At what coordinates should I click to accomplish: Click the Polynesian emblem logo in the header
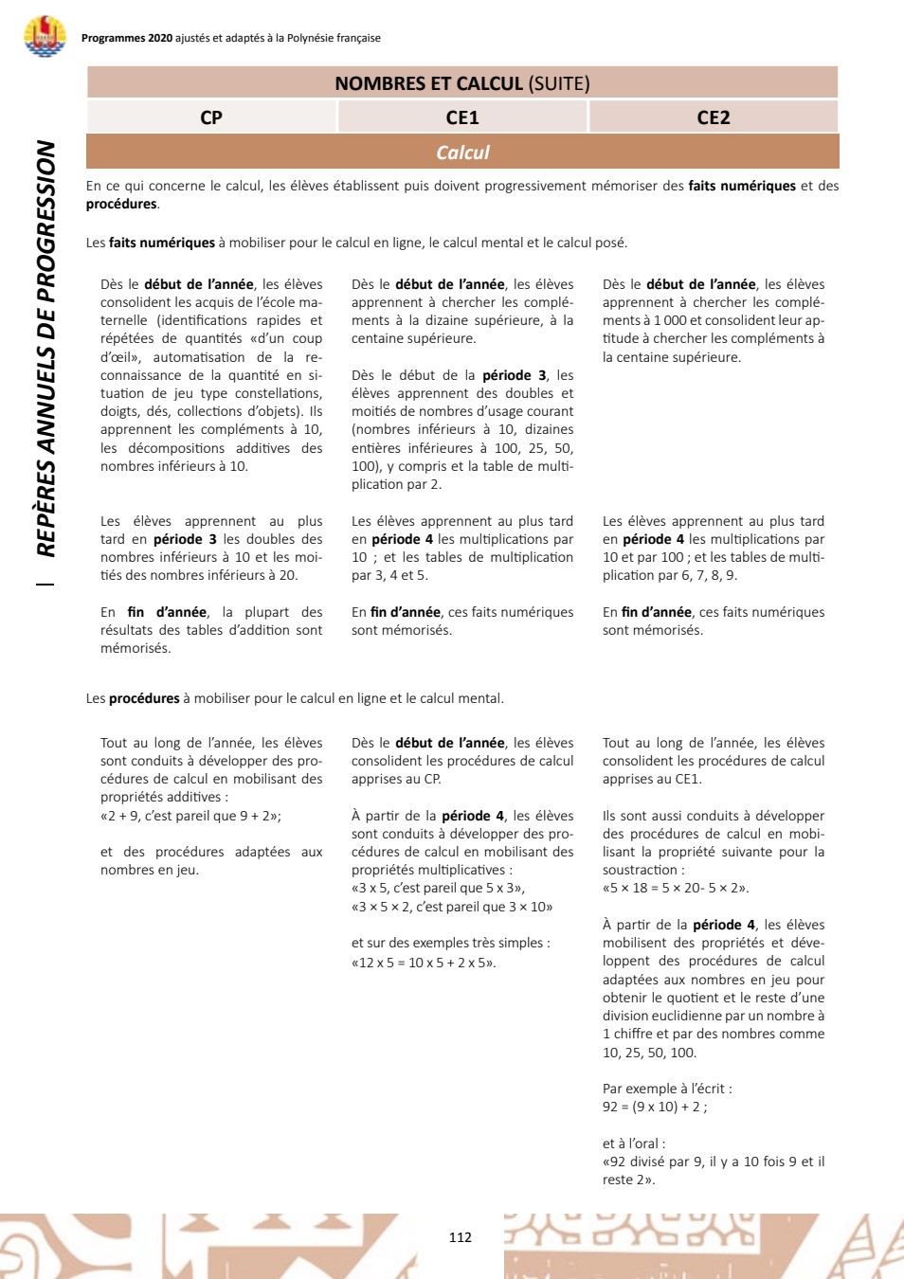click(45, 36)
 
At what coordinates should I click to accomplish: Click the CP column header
click(211, 117)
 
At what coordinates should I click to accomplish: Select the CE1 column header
click(462, 117)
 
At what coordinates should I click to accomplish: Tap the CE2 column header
click(714, 117)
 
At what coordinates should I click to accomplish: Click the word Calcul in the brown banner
click(462, 153)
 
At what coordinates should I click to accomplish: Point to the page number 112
click(461, 1237)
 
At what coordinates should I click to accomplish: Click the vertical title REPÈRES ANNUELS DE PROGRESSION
click(45, 348)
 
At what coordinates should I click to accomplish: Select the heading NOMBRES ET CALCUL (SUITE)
click(462, 83)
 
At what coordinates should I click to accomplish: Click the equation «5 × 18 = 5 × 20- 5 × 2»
click(676, 889)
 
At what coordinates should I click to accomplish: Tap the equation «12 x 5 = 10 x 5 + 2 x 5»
click(424, 963)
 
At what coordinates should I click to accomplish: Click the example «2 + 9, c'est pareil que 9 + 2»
click(190, 816)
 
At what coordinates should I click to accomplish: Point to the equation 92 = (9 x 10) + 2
click(654, 1107)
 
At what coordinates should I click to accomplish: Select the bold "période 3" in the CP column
click(185, 539)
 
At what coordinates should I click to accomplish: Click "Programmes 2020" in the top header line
click(127, 38)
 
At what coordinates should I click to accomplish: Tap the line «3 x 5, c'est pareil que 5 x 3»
click(438, 889)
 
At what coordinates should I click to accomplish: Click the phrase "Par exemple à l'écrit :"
click(667, 1089)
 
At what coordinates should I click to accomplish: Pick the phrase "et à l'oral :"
click(634, 1144)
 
